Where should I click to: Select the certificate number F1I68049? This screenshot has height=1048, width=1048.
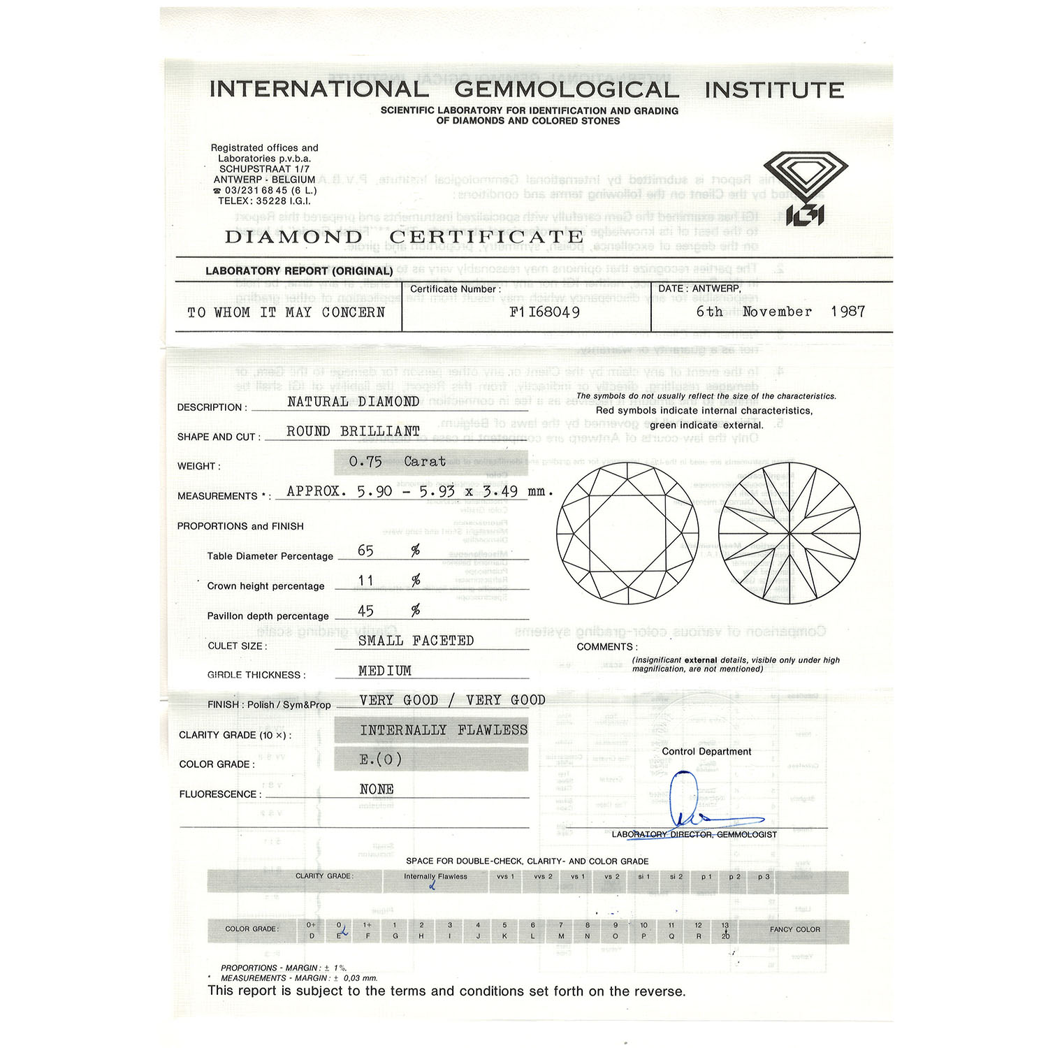[544, 312]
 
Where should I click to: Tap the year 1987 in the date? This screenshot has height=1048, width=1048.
[847, 312]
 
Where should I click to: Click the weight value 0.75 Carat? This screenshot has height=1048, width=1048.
[397, 462]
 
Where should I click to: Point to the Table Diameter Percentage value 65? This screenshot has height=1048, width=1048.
[365, 551]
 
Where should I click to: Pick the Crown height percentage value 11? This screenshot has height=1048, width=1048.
[365, 581]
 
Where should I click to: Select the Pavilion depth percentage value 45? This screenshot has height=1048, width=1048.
[365, 611]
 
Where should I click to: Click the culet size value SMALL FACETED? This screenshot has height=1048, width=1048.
[416, 641]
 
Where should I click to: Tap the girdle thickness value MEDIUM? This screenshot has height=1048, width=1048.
[384, 671]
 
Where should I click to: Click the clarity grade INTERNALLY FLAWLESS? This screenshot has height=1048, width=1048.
[443, 730]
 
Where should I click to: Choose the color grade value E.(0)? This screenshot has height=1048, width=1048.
[380, 759]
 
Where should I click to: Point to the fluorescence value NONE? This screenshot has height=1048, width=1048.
[377, 789]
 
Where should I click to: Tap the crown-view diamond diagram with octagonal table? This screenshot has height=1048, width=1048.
[627, 534]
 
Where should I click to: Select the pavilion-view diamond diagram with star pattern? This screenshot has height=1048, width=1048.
[789, 534]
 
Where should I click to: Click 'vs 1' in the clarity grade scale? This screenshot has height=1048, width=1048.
[577, 877]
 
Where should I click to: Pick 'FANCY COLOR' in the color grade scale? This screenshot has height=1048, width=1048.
[794, 929]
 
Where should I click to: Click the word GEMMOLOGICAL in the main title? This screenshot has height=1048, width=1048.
[566, 90]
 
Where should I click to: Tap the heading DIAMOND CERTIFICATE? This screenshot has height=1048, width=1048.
[403, 237]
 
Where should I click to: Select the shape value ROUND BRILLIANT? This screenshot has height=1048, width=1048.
[353, 432]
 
